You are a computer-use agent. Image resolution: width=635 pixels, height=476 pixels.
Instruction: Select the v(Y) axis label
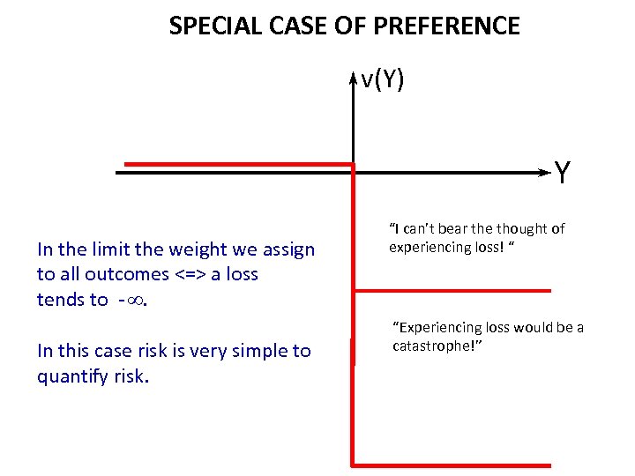point(383,80)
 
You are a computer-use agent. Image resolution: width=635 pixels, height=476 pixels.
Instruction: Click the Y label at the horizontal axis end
point(562,173)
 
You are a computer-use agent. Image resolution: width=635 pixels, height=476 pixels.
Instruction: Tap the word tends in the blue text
point(61,300)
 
